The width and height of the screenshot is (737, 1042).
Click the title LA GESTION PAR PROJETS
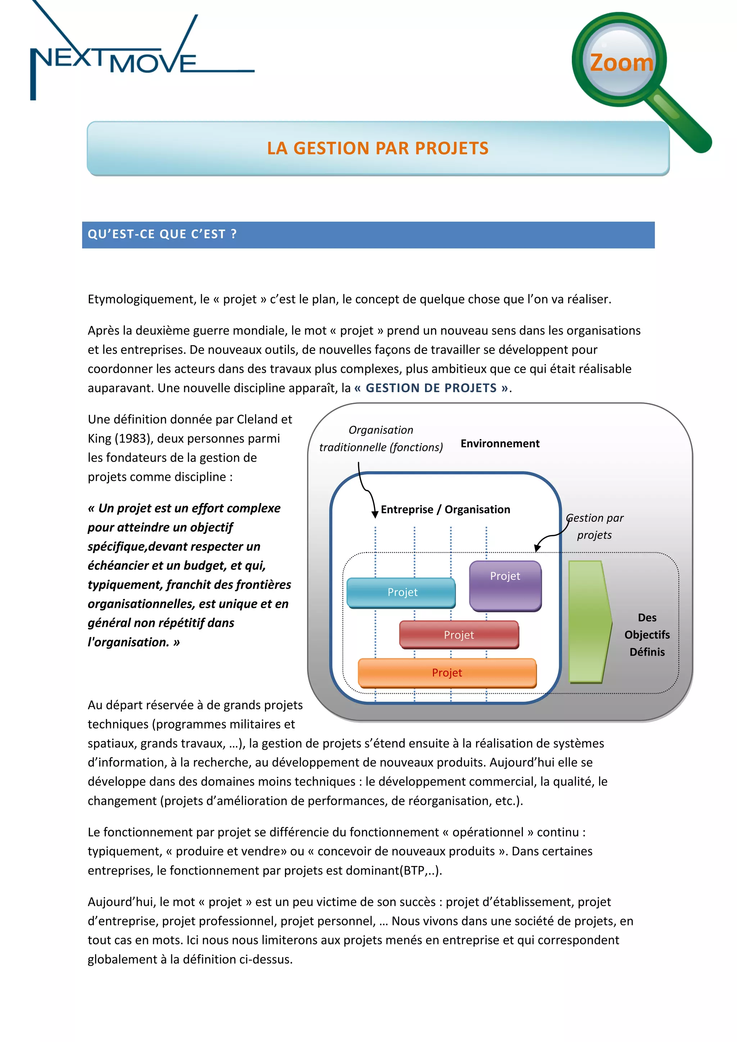(x=377, y=148)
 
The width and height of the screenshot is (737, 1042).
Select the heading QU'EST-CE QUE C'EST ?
(x=162, y=234)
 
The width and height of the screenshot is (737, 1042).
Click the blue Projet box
(x=401, y=592)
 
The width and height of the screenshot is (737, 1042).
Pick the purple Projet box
(x=505, y=585)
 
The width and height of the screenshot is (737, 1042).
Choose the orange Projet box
(x=447, y=672)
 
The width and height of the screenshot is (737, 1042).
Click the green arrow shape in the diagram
(x=589, y=622)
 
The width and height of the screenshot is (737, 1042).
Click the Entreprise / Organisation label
(x=445, y=509)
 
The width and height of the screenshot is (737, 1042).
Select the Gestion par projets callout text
(x=594, y=526)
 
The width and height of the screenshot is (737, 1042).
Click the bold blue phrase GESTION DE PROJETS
(x=431, y=388)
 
